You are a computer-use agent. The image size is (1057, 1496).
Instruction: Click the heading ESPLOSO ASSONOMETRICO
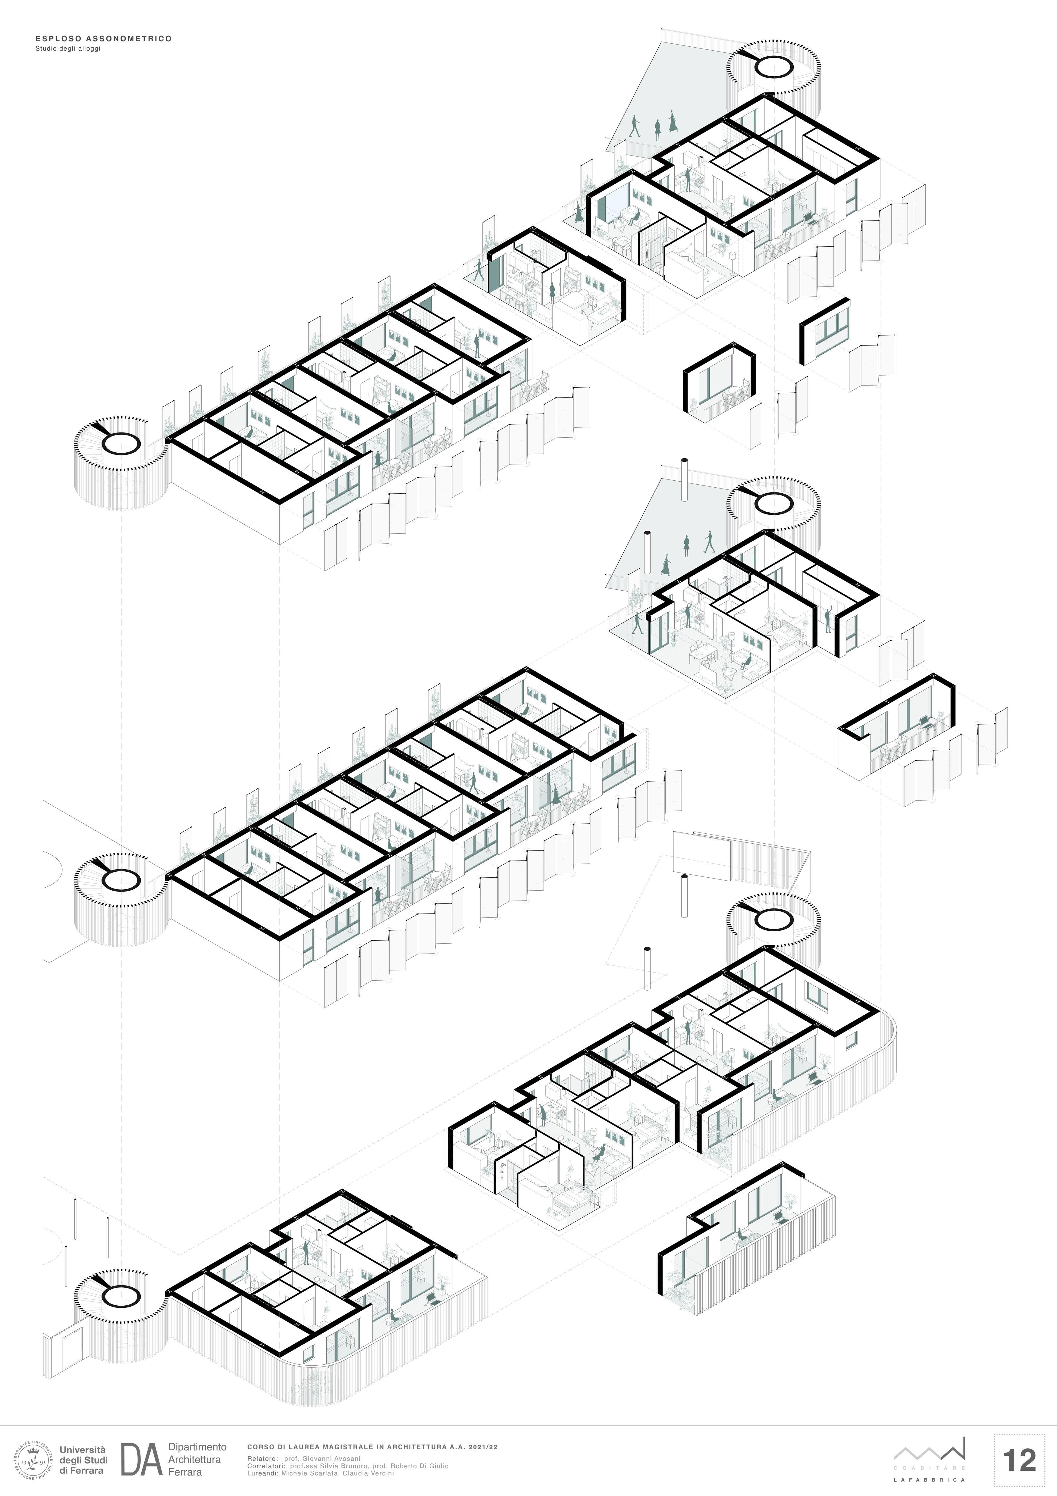point(104,39)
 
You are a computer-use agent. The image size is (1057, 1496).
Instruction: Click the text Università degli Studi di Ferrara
point(83,1460)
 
